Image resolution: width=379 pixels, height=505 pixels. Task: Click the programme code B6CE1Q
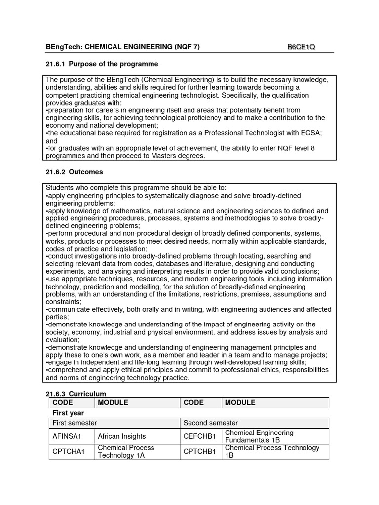point(301,47)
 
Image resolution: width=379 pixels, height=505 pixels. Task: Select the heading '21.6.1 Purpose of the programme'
point(102,64)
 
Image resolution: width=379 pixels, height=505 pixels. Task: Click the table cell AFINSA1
point(66,436)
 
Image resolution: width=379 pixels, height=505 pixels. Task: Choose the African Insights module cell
point(122,436)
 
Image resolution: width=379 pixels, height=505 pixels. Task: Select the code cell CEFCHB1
point(199,436)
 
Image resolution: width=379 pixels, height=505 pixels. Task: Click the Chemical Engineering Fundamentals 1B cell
point(259,436)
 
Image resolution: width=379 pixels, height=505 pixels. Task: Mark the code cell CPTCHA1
point(66,452)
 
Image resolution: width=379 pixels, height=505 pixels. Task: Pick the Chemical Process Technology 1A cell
point(126,452)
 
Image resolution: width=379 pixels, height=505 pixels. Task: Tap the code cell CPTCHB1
point(199,452)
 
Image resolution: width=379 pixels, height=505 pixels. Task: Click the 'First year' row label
point(68,413)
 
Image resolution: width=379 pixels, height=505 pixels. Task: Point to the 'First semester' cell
point(75,423)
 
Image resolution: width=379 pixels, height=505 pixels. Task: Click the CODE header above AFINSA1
point(63,403)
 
